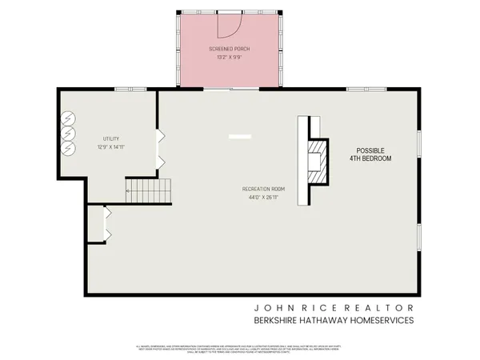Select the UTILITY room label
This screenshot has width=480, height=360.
(x=110, y=138)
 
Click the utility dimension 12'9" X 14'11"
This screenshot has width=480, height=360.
(x=110, y=147)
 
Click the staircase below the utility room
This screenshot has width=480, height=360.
(x=149, y=192)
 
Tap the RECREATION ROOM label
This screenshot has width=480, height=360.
(x=264, y=189)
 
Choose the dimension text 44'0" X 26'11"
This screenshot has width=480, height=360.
(x=264, y=198)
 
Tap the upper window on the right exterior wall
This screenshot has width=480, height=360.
(x=419, y=142)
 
